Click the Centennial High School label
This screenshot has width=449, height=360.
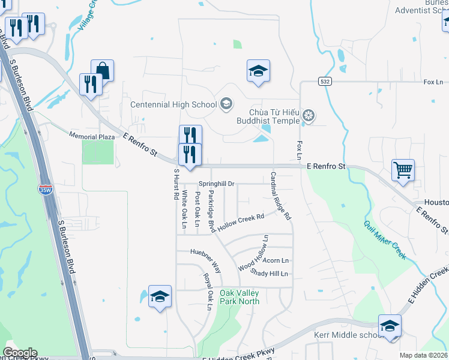tap(173, 105)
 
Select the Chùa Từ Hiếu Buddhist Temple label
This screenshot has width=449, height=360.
tap(274, 116)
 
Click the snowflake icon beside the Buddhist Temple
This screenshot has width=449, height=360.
tap(309, 115)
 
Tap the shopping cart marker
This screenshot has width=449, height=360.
tap(403, 170)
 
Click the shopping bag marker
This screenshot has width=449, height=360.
tap(103, 71)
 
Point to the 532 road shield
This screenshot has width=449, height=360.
tap(325, 82)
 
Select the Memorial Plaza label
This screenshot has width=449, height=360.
tap(92, 137)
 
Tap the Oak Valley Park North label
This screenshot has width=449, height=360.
tap(240, 296)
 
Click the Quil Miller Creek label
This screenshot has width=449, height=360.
tap(384, 239)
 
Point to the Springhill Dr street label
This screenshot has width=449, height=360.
tap(216, 184)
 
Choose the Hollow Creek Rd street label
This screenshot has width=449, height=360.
tap(241, 222)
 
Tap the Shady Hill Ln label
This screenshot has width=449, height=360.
tap(270, 274)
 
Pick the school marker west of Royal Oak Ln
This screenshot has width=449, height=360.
tap(160, 297)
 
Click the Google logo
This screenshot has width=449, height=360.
tap(19, 353)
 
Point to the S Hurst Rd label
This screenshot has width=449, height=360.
tap(176, 184)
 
